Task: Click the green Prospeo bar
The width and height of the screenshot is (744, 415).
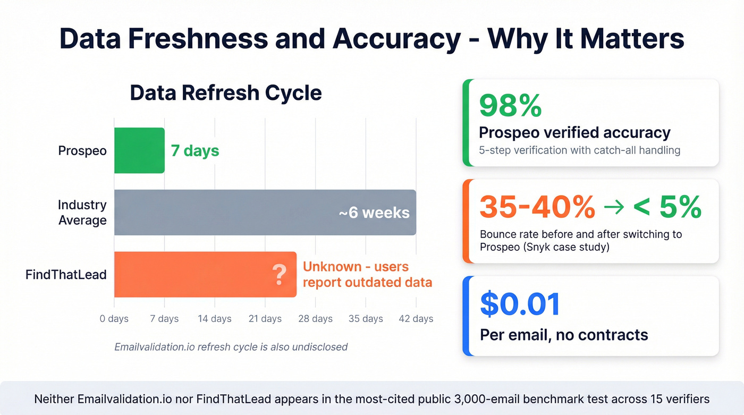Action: tap(139, 150)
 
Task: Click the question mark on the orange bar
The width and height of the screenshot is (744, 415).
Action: tap(279, 275)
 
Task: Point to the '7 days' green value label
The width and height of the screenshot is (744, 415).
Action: tap(195, 150)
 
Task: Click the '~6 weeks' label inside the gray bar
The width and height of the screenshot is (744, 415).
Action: tap(374, 213)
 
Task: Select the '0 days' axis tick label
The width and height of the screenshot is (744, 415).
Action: tap(114, 319)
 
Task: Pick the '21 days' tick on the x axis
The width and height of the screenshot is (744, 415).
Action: tap(265, 319)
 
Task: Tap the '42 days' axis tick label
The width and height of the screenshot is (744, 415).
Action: tap(416, 319)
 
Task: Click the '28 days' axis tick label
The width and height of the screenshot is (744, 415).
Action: tap(315, 319)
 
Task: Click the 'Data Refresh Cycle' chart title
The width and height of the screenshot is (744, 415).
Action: tap(226, 92)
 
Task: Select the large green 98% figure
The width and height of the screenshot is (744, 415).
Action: tap(510, 105)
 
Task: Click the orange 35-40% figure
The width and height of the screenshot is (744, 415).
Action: tap(537, 207)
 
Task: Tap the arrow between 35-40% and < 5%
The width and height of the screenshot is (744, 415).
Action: tap(614, 207)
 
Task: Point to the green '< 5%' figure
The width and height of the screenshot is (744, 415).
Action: tap(667, 207)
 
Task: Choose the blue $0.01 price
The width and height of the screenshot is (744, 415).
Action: tap(520, 304)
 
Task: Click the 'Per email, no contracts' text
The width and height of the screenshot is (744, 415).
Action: tap(563, 335)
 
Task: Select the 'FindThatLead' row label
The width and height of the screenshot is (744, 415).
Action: tap(66, 275)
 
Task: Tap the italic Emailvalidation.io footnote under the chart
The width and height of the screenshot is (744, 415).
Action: tap(231, 347)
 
